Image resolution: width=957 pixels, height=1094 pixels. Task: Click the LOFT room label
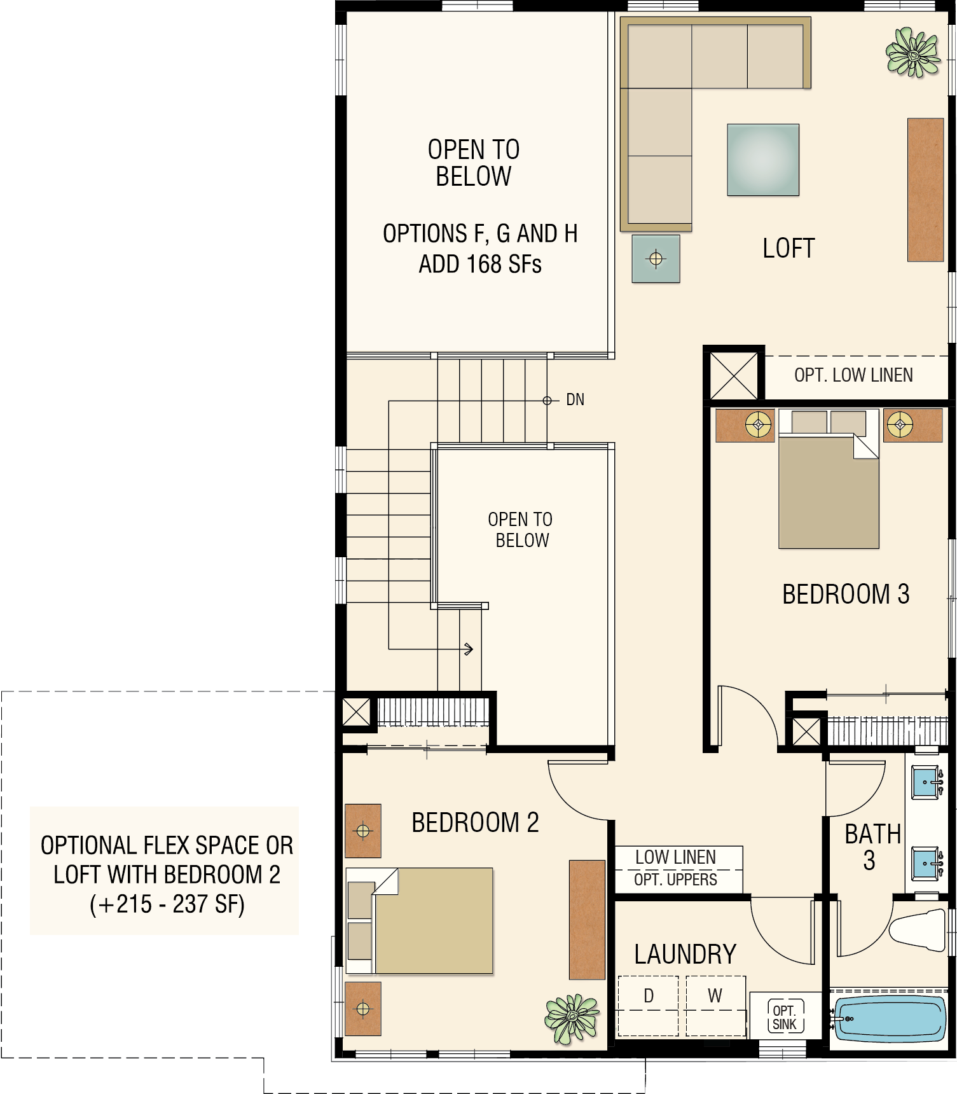788,248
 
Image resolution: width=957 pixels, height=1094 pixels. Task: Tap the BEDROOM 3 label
846,594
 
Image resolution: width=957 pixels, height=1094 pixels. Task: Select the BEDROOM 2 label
475,822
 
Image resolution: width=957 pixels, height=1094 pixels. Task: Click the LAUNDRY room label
685,954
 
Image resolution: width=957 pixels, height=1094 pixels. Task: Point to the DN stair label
575,399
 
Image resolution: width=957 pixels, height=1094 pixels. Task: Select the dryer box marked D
649,1006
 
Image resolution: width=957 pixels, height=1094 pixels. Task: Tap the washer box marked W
715,1006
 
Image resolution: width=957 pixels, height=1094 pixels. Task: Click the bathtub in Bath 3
889,1018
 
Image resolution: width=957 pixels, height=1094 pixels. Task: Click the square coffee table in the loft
763,160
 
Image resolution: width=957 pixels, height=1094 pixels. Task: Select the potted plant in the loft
913,53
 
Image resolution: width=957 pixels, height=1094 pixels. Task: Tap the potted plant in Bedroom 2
572,1018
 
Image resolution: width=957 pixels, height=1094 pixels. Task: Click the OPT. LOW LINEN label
853,375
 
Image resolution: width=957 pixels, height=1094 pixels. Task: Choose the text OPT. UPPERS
675,880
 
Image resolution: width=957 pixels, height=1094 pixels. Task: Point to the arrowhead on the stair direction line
469,649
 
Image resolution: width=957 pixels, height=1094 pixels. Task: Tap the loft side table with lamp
656,259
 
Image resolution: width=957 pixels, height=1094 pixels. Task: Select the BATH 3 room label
872,847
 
